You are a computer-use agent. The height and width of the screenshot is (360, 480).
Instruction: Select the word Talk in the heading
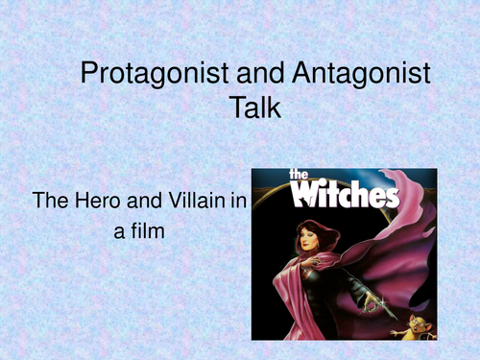pos(253,108)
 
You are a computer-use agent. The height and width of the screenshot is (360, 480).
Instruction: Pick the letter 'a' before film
pos(120,232)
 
